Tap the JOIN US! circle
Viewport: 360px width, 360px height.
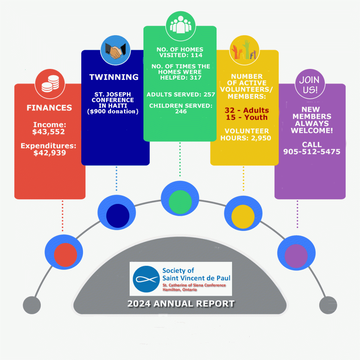click(310, 85)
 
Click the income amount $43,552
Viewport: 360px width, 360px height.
click(50, 132)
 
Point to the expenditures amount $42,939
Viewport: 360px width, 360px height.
click(50, 153)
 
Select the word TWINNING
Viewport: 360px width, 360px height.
click(114, 77)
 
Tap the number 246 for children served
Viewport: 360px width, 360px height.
click(181, 111)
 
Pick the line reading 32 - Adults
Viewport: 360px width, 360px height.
click(246, 110)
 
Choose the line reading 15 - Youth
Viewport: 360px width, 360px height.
click(246, 117)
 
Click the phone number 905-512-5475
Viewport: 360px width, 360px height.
click(311, 152)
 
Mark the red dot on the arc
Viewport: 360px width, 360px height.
click(65, 254)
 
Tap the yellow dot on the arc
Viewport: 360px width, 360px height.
click(243, 215)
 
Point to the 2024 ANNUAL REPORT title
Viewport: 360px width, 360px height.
click(181, 303)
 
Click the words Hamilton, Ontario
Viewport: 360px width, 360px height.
click(180, 289)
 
